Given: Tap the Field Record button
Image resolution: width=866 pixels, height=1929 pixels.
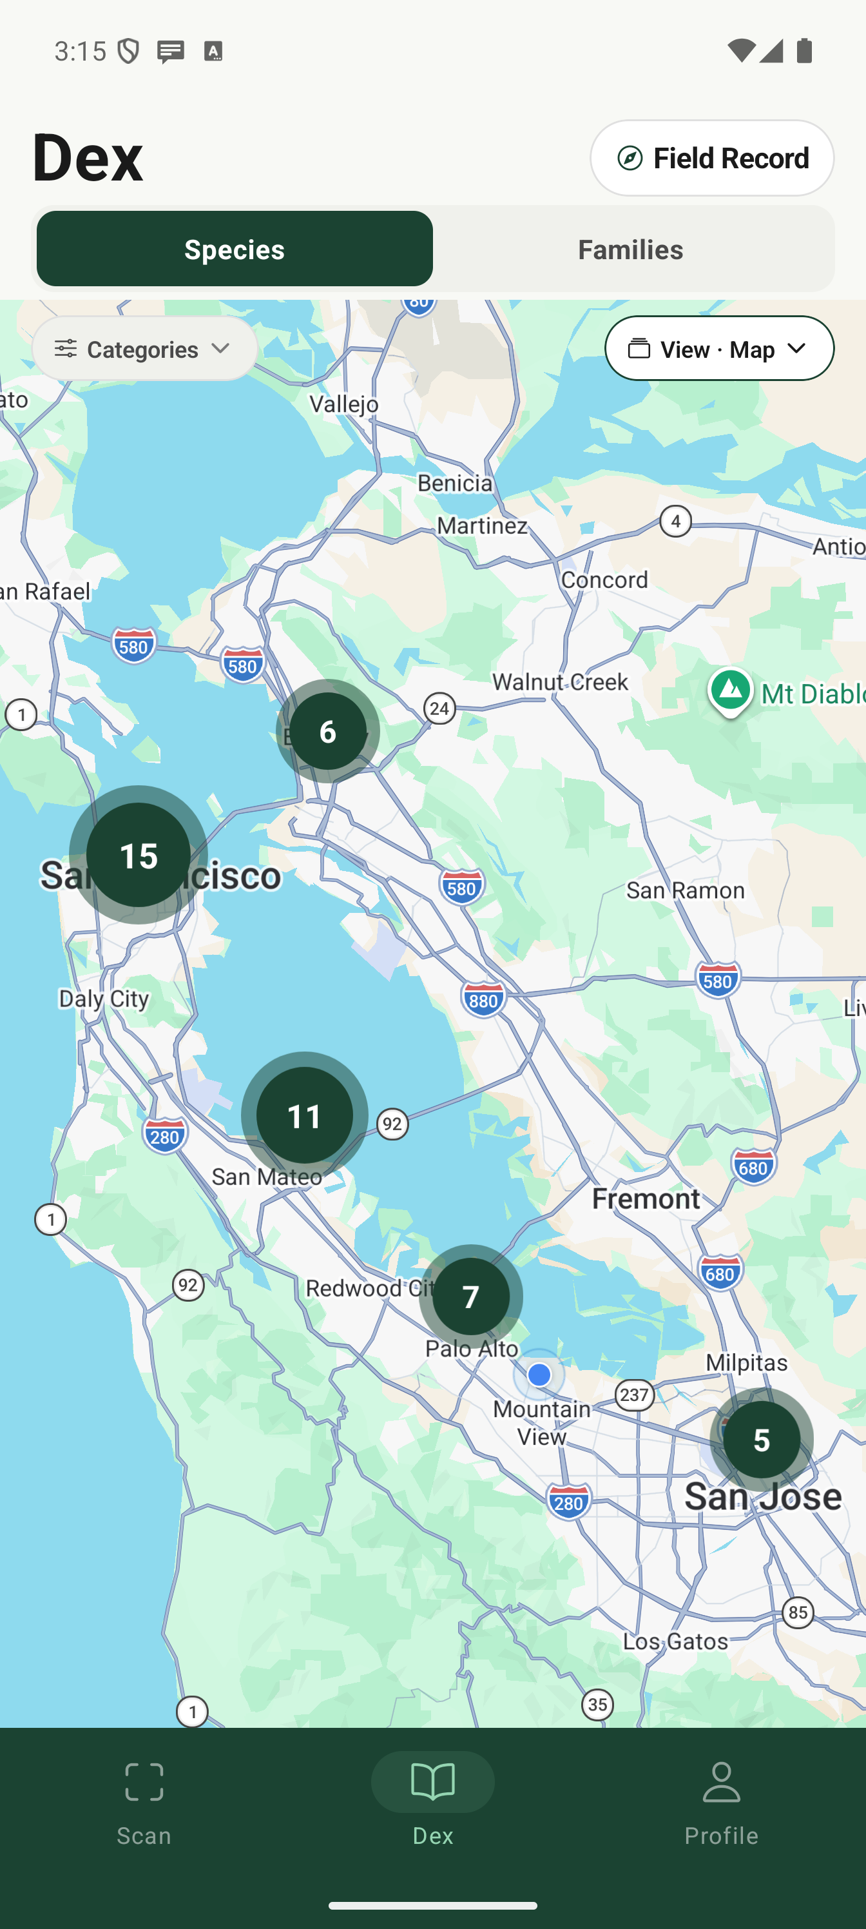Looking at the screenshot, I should (712, 158).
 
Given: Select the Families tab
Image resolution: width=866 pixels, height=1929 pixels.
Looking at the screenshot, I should (630, 250).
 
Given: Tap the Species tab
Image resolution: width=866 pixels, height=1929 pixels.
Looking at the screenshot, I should (235, 250).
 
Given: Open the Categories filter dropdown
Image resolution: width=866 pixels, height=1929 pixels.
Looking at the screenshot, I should (145, 349).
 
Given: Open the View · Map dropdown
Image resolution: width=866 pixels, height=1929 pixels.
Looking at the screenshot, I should (718, 349).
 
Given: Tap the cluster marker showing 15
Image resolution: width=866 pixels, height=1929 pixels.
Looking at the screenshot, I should (139, 855).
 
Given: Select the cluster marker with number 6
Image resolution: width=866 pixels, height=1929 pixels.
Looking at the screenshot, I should (328, 732).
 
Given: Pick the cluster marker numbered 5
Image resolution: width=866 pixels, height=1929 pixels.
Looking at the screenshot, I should (761, 1439).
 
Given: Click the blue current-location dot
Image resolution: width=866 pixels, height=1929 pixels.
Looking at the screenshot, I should (539, 1375).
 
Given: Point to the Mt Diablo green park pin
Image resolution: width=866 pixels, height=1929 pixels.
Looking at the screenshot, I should (731, 690).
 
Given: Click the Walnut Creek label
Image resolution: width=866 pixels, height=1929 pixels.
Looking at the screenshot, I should (560, 682).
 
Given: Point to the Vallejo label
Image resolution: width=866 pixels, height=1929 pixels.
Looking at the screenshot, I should (344, 404).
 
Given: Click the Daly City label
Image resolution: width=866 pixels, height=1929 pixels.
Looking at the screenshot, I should (104, 998).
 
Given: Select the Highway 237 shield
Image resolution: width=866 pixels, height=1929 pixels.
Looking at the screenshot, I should (635, 1395).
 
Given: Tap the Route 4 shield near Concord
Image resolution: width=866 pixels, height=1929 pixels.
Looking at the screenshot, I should (676, 521).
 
